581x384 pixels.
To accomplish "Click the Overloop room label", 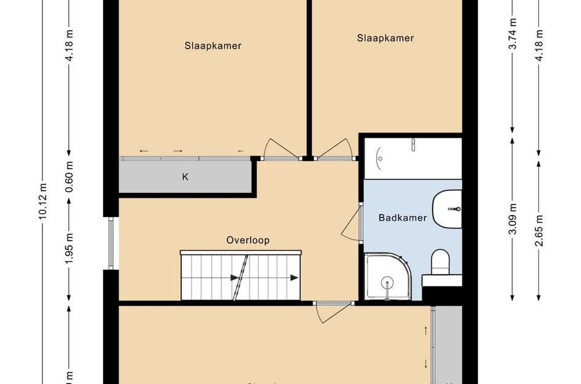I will (x=248, y=240).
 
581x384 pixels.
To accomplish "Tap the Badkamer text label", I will (x=403, y=217).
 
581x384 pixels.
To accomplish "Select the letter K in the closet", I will (x=184, y=178).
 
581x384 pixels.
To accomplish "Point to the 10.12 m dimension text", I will (x=42, y=201).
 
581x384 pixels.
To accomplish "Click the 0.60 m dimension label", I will (x=69, y=177).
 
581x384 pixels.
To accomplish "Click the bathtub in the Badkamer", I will (x=412, y=158).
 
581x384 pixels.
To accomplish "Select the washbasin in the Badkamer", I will (x=448, y=209).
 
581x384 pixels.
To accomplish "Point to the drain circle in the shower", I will (x=386, y=283).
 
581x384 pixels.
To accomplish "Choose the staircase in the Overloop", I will (x=241, y=276).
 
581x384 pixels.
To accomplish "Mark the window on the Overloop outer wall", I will (x=111, y=243).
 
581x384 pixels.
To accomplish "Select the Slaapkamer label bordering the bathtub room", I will (x=385, y=38).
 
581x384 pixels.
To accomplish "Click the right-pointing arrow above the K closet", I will (x=178, y=151).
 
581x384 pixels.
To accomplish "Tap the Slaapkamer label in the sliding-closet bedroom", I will (x=213, y=45).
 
